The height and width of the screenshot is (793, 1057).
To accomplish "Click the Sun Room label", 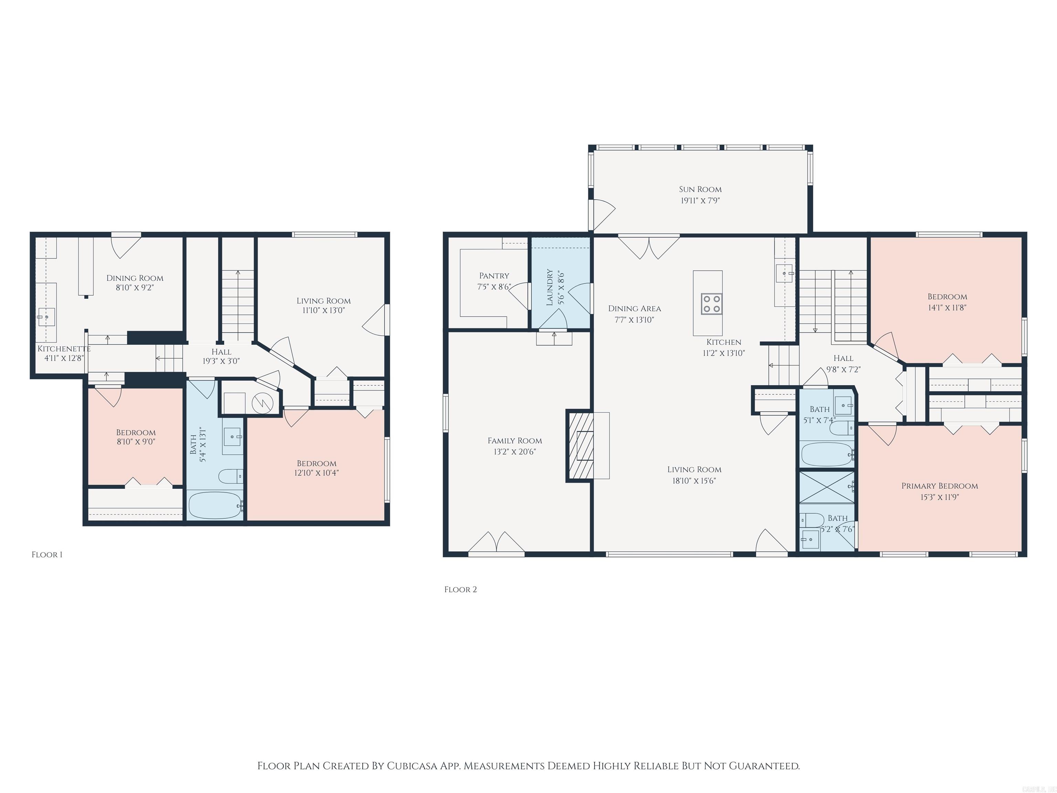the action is [x=700, y=189].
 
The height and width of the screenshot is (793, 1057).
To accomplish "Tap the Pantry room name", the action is [x=494, y=276].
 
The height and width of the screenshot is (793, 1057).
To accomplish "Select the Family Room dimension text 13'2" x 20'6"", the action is [x=515, y=452].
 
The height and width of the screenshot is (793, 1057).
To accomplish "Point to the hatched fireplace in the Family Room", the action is [x=580, y=445].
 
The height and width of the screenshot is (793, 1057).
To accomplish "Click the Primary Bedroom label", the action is [x=939, y=486].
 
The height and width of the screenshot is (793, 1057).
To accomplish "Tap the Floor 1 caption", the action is [x=47, y=554].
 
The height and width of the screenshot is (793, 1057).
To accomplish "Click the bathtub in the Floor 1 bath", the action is [x=215, y=505].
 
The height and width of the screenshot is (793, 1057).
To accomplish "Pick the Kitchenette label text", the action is [x=64, y=348].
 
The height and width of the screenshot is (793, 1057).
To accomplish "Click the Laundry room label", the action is [x=549, y=287].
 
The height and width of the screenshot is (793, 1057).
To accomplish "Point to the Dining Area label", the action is [x=634, y=308].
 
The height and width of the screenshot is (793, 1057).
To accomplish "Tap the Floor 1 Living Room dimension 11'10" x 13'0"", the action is [x=323, y=310].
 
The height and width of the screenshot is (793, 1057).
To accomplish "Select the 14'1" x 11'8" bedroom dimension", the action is [x=947, y=308].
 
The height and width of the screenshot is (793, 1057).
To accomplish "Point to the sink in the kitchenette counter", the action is [x=46, y=316].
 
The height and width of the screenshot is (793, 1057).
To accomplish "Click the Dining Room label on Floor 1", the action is [x=135, y=278].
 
